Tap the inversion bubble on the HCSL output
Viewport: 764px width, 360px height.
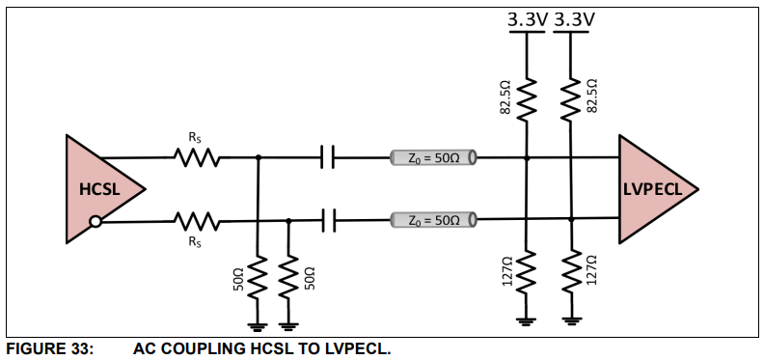(95, 222)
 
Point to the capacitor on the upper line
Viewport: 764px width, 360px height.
(328, 157)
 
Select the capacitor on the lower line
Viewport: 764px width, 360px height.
(328, 221)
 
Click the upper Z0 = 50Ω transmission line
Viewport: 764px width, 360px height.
(433, 157)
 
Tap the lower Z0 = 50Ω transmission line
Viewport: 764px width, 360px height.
(433, 220)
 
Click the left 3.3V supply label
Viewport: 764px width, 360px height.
(526, 18)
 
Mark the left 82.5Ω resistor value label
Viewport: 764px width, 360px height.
(505, 97)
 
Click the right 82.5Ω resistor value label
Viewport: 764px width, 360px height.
(592, 97)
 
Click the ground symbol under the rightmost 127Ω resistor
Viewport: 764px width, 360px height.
(572, 318)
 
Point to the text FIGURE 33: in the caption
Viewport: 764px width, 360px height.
(49, 348)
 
